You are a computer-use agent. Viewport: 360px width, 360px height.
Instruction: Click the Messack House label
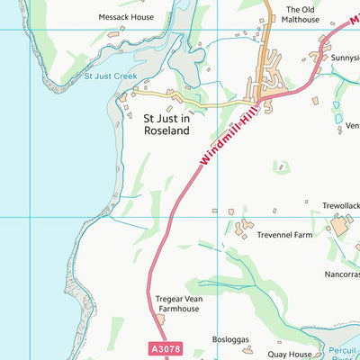click(x=126, y=17)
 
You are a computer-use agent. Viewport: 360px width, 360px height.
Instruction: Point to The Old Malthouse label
click(x=302, y=14)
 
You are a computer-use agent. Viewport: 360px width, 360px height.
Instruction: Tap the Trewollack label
click(x=342, y=206)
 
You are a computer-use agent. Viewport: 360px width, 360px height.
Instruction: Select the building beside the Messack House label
click(x=114, y=32)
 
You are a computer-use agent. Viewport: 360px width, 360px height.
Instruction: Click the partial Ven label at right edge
click(x=352, y=126)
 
